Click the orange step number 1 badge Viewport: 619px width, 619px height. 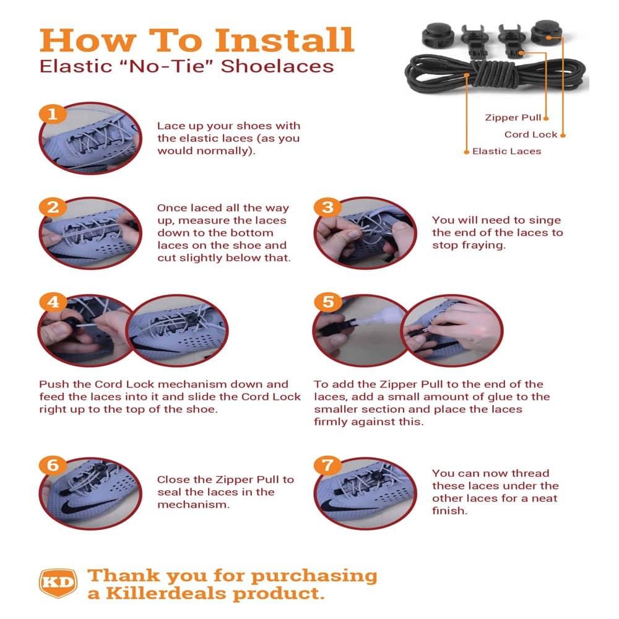(53, 114)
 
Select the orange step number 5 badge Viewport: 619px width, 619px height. (327, 302)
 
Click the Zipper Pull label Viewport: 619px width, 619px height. (513, 118)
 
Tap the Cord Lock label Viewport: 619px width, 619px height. (530, 134)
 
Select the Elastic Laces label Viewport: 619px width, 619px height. (506, 151)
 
